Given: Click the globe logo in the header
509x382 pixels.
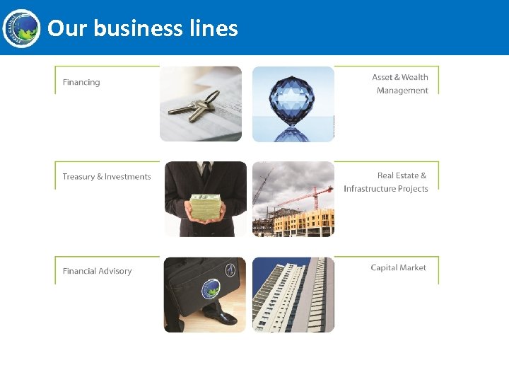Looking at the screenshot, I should (21, 28).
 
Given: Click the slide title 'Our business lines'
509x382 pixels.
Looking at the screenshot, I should (142, 28).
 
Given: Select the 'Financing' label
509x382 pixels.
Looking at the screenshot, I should (81, 82).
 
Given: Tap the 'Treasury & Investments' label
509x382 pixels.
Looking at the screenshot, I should (107, 177).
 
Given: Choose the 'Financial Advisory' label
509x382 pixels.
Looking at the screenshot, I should (97, 271).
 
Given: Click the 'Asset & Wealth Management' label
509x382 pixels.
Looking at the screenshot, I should (400, 83).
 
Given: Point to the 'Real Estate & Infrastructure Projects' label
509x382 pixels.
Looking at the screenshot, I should (386, 182).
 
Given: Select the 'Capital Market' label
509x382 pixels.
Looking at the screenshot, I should (398, 267).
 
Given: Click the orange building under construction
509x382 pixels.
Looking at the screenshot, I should (304, 221).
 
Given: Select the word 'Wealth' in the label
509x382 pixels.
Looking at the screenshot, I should (414, 77).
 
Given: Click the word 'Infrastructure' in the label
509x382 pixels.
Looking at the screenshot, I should (370, 189).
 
